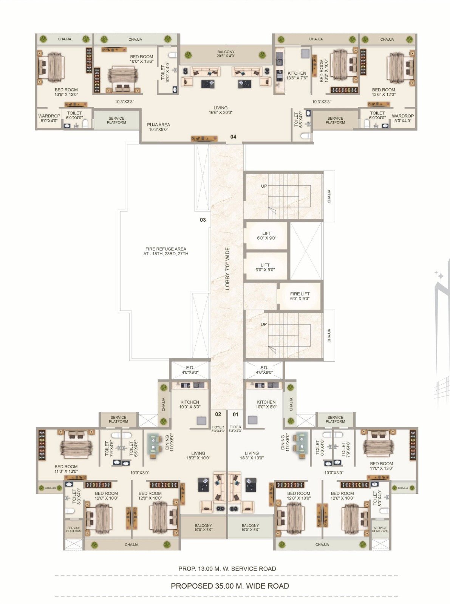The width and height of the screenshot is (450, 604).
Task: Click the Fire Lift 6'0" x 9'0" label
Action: (300, 296)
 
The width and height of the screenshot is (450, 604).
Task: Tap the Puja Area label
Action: (158, 127)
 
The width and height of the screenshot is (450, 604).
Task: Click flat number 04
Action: (233, 137)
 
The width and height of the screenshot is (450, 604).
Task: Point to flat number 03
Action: (203, 219)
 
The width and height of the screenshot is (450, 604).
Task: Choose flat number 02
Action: (218, 414)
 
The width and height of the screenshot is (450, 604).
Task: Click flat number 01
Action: (235, 414)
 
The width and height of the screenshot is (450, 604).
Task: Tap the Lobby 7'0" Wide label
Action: (227, 268)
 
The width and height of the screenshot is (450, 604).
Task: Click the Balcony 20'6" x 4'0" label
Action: (226, 54)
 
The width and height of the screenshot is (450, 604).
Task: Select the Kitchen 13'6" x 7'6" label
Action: (297, 75)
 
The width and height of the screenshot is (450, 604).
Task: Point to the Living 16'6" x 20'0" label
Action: (221, 110)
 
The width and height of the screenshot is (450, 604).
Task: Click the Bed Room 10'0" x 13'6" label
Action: (141, 59)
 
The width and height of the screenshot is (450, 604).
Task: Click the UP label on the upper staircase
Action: (264, 186)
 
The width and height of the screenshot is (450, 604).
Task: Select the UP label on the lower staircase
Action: (264, 324)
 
